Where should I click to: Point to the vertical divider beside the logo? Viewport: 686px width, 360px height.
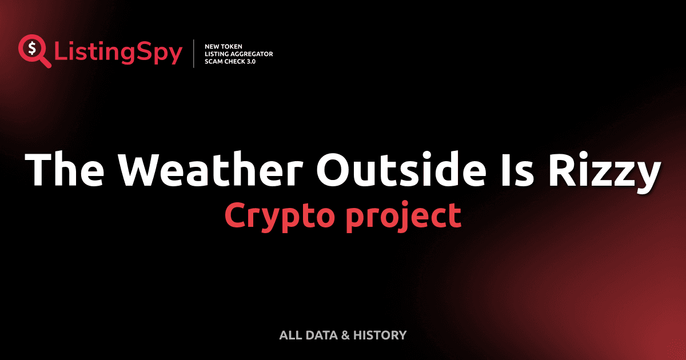tap(194, 53)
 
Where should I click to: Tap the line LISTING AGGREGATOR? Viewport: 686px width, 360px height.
tap(238, 54)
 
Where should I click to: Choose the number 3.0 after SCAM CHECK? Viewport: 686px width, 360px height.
tap(250, 61)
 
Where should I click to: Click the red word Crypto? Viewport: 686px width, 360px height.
tap(280, 217)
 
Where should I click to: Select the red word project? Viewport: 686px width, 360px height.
tap(402, 217)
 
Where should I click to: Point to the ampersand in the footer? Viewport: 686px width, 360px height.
tap(345, 335)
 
